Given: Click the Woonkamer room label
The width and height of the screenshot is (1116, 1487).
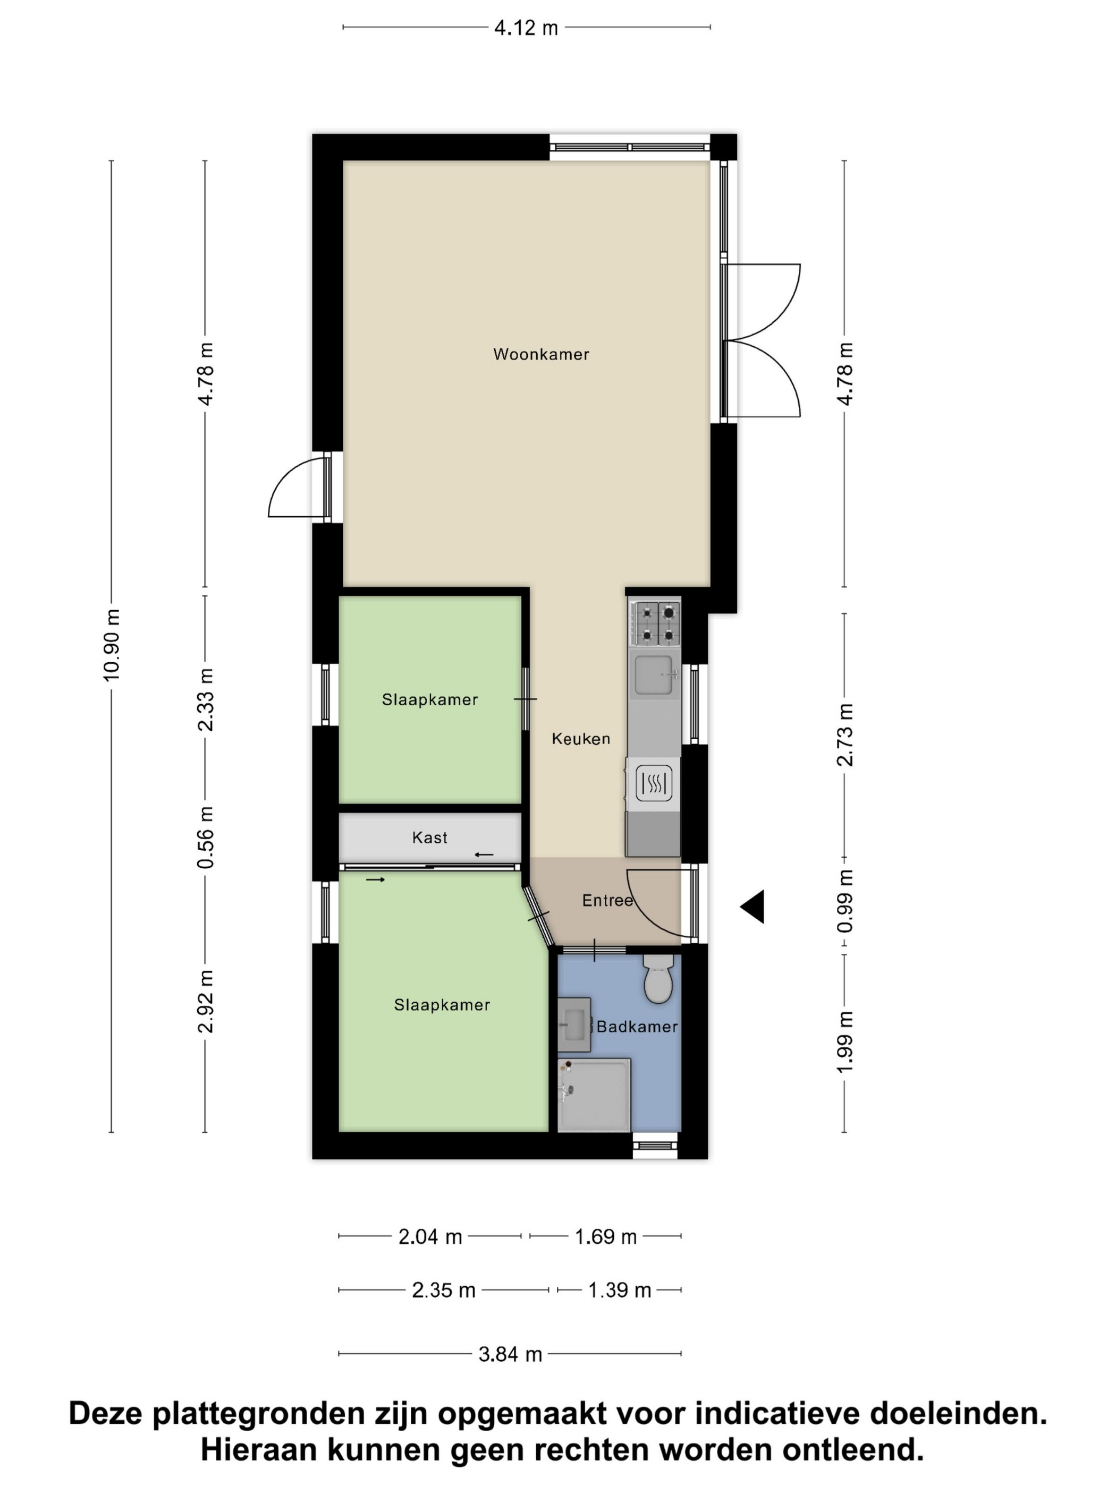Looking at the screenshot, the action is [541, 354].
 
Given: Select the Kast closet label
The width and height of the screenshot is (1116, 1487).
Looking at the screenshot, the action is [430, 837].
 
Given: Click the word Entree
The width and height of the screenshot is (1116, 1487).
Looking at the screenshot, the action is [607, 900].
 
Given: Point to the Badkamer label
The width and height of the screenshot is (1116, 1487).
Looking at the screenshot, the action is [637, 1027].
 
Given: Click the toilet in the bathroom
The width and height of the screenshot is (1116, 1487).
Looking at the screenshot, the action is [658, 979].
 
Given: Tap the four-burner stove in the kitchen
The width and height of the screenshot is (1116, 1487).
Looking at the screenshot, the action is [655, 622].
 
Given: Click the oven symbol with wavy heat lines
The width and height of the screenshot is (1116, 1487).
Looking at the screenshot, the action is [653, 783].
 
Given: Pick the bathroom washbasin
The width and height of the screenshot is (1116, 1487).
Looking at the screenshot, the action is [574, 1024].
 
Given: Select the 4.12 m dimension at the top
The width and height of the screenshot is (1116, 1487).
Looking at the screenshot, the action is [526, 28].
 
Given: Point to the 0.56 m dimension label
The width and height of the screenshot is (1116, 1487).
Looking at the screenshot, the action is [205, 837].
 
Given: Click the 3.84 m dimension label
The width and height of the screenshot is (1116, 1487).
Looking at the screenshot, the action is [510, 1354].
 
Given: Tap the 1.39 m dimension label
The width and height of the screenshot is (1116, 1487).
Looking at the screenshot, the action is [620, 1290].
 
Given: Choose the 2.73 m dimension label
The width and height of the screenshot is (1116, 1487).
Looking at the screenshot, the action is [845, 735].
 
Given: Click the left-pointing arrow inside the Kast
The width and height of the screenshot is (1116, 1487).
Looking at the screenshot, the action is [484, 855].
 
